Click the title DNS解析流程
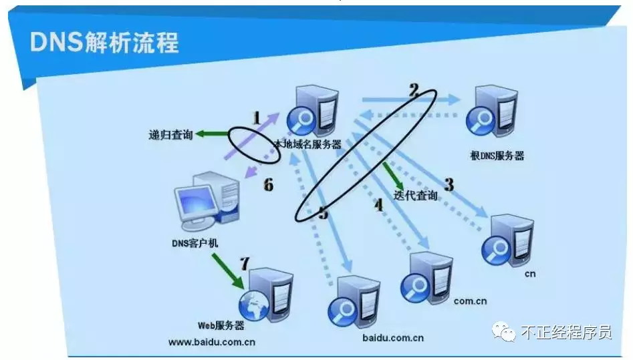pos(104,42)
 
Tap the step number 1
pos(257,118)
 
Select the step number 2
pos(414,90)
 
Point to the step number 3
pos(449,184)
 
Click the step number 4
pos(379,205)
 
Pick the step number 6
pos(269,185)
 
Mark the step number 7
pos(245,264)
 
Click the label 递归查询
pos(170,134)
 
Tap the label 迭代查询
pos(415,196)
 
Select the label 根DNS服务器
pos(497,156)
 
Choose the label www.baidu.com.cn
pos(212,342)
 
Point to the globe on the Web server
pos(254,305)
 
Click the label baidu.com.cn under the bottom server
pos(393,337)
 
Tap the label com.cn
pos(470,301)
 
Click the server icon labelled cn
pos(508,240)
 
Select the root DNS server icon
pos(492,111)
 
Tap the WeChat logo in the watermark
pos(503,332)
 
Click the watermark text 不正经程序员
pos(566,332)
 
